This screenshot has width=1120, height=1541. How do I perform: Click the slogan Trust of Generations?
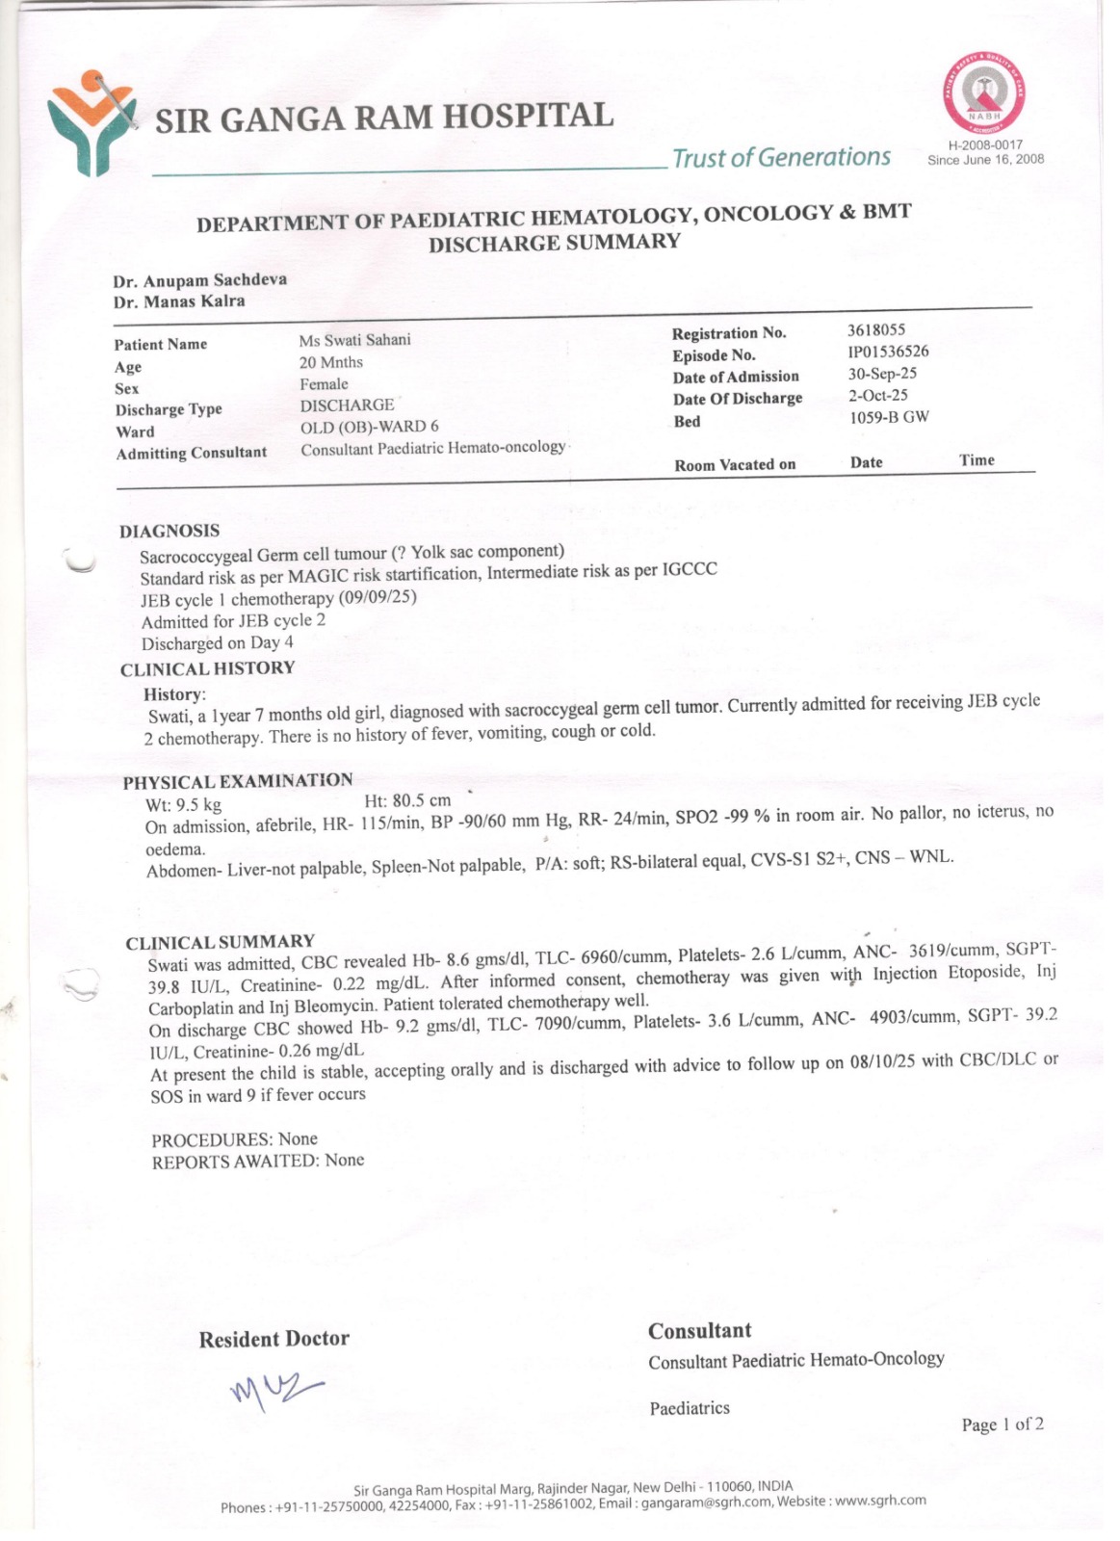tap(781, 157)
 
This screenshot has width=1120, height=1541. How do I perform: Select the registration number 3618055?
tap(876, 329)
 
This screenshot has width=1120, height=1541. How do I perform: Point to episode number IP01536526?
tap(889, 352)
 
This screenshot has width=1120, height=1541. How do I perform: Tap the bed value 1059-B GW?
tap(889, 418)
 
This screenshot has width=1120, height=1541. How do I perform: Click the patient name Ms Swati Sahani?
tap(354, 340)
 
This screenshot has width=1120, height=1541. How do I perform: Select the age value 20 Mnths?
tap(331, 362)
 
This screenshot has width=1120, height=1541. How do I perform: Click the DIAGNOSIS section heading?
tap(169, 531)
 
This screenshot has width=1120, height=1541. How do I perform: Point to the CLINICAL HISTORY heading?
tap(208, 669)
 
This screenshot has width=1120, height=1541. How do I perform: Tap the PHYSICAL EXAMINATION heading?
tap(238, 781)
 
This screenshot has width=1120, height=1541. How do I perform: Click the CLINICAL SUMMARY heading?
tap(221, 942)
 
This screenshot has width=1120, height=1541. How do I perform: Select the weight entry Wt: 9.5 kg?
tap(183, 805)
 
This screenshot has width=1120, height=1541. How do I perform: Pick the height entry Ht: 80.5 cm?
tap(407, 800)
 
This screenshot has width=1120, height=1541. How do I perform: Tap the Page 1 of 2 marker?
tap(1003, 1424)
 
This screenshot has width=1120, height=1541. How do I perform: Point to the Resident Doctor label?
tap(273, 1339)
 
